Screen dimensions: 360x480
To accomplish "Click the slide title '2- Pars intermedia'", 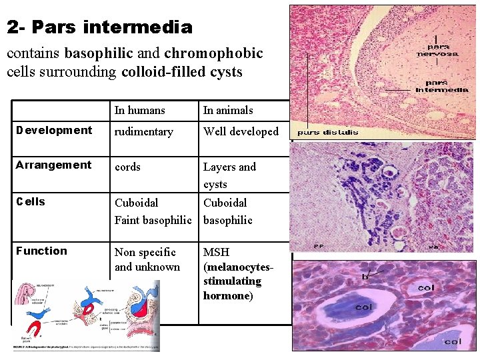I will click(100, 27).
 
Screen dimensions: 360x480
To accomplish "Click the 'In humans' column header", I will click(139, 110).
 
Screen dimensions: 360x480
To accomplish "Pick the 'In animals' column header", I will click(228, 110).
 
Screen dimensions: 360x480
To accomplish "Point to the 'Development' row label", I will click(54, 130).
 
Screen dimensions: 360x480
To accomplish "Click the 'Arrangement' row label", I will click(54, 165).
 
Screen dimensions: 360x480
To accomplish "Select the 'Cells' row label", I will click(31, 201).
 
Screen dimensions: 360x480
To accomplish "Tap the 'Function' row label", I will click(41, 251).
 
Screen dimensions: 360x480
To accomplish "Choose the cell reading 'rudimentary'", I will click(143, 131).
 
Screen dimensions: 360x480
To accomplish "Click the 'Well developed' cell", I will click(241, 131).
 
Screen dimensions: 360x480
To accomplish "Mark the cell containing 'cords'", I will click(127, 167).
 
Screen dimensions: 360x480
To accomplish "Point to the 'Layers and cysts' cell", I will click(229, 175).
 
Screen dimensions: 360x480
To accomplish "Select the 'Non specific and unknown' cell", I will click(147, 259).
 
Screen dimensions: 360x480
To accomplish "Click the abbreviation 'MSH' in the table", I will click(217, 252).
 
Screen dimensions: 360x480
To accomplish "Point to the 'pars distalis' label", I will click(327, 132).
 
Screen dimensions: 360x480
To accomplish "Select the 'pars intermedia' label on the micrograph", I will click(440, 87).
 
